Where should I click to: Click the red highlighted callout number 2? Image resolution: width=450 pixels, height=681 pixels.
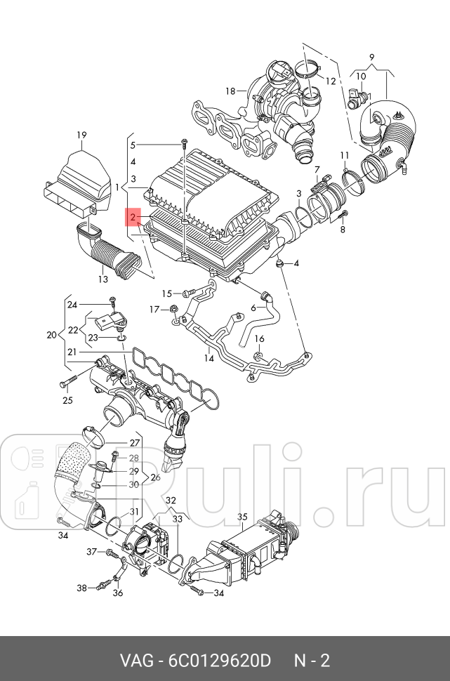click(132, 217)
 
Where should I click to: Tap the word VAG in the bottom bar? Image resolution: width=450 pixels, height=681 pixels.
click(136, 661)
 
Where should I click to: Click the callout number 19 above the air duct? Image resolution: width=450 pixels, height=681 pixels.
click(81, 134)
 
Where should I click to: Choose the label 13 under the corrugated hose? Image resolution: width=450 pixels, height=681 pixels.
click(102, 279)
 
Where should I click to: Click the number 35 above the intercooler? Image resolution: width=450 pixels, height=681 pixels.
click(242, 517)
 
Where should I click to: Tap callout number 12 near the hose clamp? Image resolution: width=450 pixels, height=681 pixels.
click(331, 81)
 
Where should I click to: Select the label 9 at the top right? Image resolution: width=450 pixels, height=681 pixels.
click(371, 56)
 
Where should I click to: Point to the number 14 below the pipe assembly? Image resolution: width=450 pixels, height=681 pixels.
click(209, 358)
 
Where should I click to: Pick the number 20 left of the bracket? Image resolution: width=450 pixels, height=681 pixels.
click(51, 335)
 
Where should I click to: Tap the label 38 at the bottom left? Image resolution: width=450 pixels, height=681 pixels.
click(81, 588)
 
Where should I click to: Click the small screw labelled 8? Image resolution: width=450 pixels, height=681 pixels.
click(343, 230)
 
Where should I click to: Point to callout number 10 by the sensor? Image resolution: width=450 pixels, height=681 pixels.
click(361, 76)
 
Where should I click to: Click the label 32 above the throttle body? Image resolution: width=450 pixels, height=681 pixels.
click(170, 499)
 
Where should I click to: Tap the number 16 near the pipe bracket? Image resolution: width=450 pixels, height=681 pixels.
click(259, 339)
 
